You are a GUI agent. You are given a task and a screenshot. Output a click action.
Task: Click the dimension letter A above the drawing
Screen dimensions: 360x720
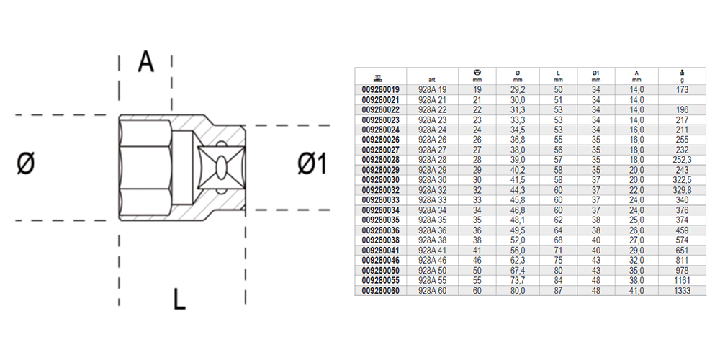pyautogui.click(x=146, y=63)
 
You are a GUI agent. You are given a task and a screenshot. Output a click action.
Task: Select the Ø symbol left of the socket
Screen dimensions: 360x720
pyautogui.click(x=25, y=165)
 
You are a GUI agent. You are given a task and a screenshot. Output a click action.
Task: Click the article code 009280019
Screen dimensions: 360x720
pyautogui.click(x=381, y=90)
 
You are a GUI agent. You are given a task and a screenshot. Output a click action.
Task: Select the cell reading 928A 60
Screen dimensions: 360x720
pyautogui.click(x=432, y=292)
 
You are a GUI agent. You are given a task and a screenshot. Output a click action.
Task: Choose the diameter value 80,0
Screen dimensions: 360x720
pyautogui.click(x=518, y=292)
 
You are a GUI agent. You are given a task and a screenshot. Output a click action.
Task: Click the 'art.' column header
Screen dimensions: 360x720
pyautogui.click(x=432, y=80)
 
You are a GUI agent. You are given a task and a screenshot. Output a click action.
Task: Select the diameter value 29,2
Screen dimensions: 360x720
pyautogui.click(x=518, y=90)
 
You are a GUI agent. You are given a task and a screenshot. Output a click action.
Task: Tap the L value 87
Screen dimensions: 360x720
pyautogui.click(x=559, y=292)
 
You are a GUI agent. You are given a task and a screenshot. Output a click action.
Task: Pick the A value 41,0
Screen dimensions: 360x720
pyautogui.click(x=636, y=292)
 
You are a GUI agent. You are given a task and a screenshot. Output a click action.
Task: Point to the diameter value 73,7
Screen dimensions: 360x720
pyautogui.click(x=518, y=282)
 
